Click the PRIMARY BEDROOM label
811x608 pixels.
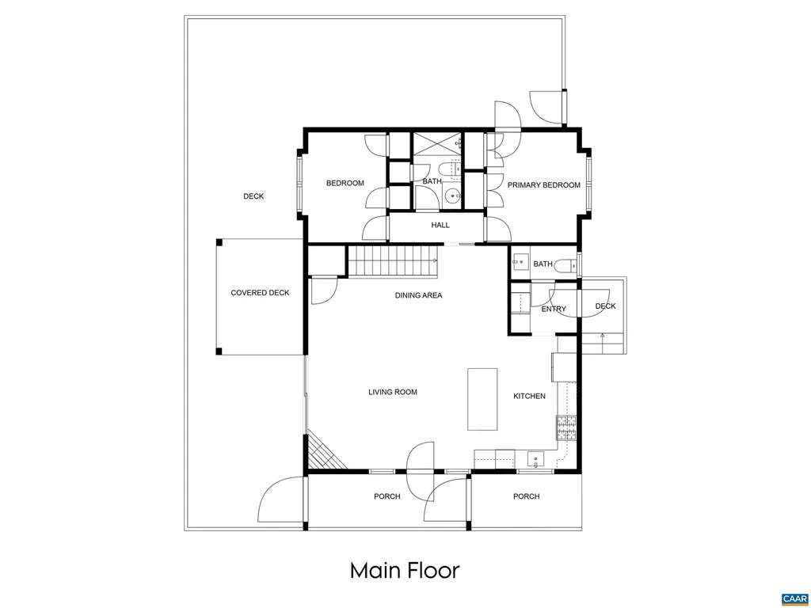[543, 185]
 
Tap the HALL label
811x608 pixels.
[440, 225]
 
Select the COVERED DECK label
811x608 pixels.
[260, 293]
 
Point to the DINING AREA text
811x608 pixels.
[418, 296]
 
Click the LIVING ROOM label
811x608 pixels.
[392, 392]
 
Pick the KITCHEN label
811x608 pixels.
[529, 396]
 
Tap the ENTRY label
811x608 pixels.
[554, 310]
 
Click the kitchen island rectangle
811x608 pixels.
[482, 398]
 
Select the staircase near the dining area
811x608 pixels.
[394, 260]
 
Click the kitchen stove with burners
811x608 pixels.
[567, 428]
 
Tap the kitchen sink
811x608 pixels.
[536, 459]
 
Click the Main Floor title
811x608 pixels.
[405, 570]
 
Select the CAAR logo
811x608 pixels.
[793, 598]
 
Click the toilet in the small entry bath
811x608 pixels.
[564, 265]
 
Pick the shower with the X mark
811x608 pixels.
[437, 144]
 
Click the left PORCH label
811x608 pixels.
[387, 497]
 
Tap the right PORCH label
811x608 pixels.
[526, 497]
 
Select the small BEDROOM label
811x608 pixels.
[345, 184]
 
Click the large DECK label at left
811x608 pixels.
[253, 196]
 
